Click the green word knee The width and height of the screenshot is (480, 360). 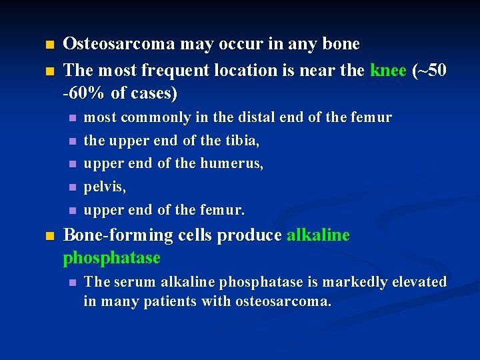point(389,70)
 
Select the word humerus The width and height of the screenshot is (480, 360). point(234,164)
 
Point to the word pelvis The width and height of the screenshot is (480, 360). point(104,187)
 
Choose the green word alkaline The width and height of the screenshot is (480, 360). point(318,235)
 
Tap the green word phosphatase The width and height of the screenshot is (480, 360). point(111,257)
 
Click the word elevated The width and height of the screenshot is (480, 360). point(419,282)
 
